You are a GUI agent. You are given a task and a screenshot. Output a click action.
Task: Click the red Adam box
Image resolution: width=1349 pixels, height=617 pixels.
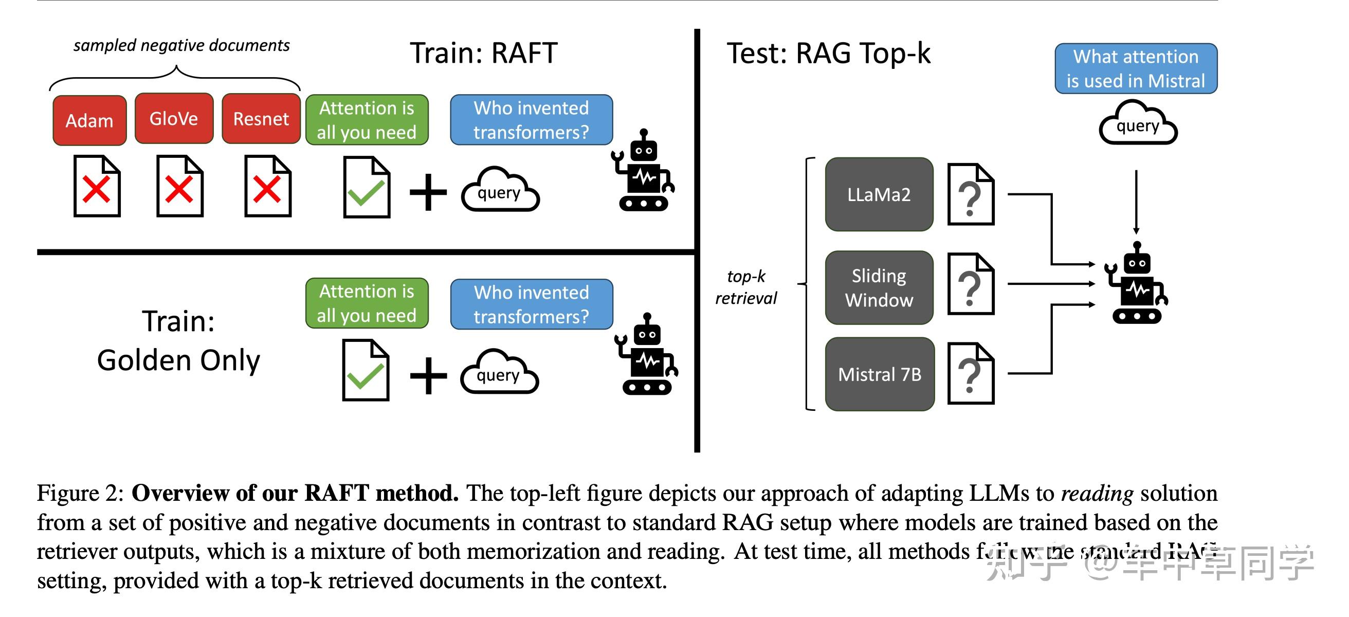(89, 120)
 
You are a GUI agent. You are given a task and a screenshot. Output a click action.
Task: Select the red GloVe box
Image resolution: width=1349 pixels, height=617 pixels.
(174, 118)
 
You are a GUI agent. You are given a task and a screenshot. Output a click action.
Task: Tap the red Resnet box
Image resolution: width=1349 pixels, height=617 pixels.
(261, 119)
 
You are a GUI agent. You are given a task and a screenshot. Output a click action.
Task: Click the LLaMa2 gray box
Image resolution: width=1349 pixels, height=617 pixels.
(879, 194)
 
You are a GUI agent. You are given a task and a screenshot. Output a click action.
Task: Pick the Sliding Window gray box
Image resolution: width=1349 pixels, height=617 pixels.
(879, 287)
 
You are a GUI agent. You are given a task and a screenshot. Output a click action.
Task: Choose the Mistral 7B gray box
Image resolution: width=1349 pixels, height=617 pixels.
(879, 374)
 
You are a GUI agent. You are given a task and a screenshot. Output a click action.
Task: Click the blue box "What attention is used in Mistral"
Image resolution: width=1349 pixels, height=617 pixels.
(1135, 68)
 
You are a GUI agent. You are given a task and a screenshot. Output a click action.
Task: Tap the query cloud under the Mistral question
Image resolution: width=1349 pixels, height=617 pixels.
(1137, 125)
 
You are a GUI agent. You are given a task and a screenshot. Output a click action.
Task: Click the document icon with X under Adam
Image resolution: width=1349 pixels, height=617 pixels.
(97, 186)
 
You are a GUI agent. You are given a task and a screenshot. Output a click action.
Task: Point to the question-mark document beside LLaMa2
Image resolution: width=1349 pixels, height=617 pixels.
(971, 194)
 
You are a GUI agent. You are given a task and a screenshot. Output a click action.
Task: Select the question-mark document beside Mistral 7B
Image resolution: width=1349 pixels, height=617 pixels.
(971, 373)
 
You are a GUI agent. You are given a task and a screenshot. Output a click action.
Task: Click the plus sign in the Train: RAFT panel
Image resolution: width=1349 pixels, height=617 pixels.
(428, 192)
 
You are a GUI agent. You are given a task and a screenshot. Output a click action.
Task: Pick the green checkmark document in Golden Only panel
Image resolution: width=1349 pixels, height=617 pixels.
(366, 370)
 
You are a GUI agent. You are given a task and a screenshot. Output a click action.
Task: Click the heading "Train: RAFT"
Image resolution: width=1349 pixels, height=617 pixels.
(483, 53)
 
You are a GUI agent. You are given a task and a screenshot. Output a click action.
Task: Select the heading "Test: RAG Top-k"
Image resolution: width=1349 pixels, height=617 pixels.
(828, 53)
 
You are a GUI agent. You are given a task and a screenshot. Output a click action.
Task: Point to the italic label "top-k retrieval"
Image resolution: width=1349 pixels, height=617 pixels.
(746, 287)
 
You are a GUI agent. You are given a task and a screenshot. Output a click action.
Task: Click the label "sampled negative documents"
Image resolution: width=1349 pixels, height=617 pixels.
(181, 46)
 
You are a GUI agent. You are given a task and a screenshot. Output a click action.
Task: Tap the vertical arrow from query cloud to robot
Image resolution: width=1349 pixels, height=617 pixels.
(1136, 202)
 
